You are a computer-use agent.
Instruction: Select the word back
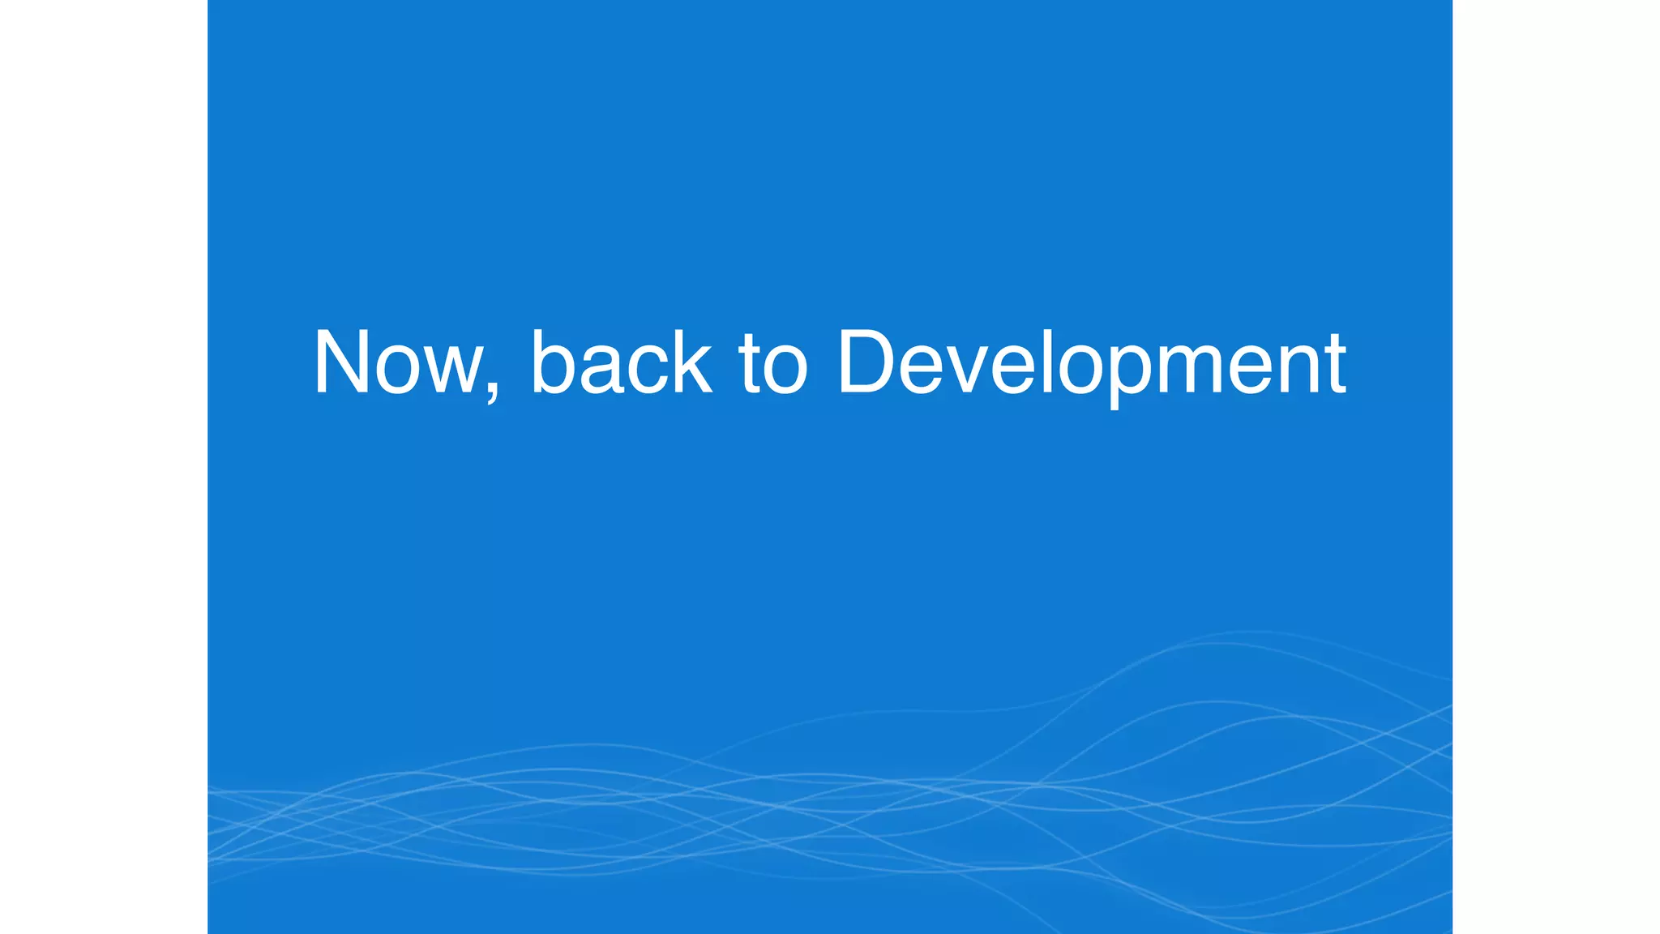pyautogui.click(x=621, y=362)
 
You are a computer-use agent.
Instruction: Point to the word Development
pyautogui.click(x=1091, y=364)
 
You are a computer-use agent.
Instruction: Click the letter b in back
pyautogui.click(x=554, y=362)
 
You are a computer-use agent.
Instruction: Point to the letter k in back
pyautogui.click(x=689, y=362)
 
